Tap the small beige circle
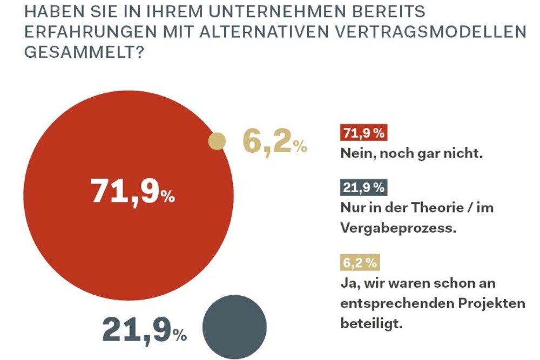click(217, 141)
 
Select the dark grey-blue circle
click(234, 327)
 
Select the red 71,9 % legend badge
click(363, 133)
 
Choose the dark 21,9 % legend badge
click(363, 188)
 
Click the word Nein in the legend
click(357, 154)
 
